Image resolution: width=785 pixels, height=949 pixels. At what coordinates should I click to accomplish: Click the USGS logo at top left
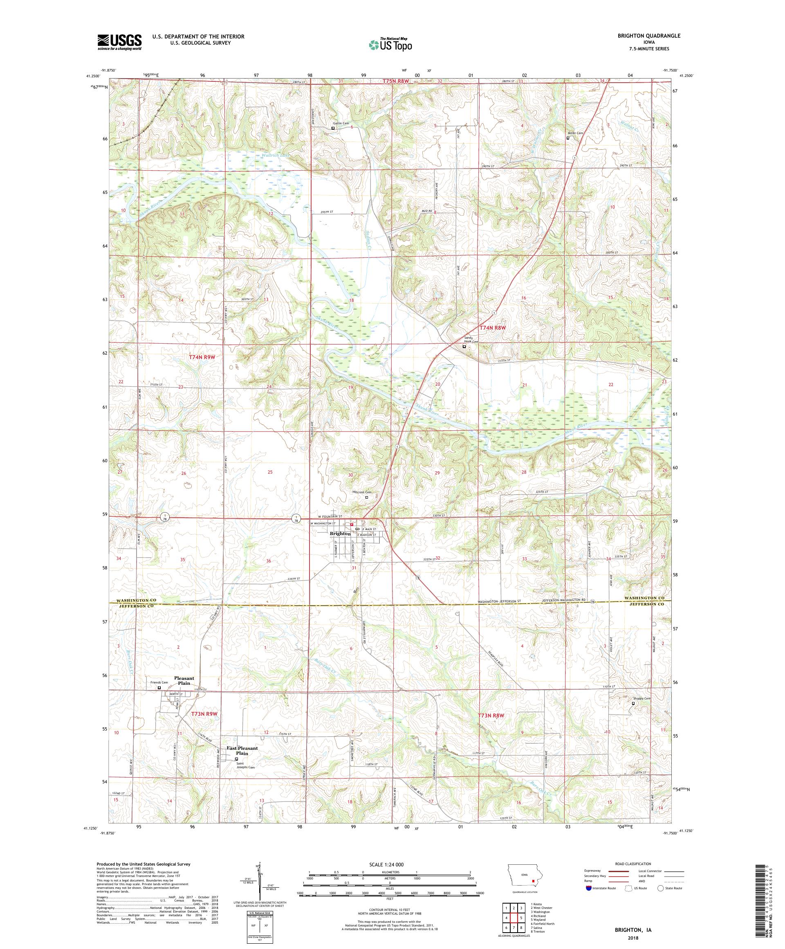(x=119, y=43)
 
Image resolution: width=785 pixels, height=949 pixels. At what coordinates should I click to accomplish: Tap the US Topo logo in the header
(x=391, y=44)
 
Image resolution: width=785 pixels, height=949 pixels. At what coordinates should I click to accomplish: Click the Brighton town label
(x=340, y=533)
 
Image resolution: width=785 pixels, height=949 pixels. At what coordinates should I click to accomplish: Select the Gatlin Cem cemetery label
(x=341, y=124)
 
